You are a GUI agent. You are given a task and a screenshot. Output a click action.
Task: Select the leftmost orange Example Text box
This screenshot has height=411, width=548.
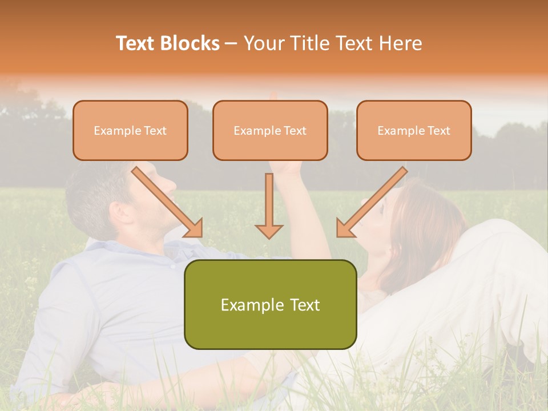click(x=130, y=130)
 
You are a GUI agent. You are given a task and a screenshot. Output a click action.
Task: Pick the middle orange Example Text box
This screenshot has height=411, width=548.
click(x=270, y=130)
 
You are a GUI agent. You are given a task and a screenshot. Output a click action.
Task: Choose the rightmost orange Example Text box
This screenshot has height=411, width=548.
click(x=414, y=130)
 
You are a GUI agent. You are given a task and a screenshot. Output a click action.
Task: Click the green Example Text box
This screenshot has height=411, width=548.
click(x=270, y=304)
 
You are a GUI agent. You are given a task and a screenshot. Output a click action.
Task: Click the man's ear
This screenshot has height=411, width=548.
click(x=119, y=213)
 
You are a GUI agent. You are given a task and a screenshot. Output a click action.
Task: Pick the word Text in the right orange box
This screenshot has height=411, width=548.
click(x=439, y=130)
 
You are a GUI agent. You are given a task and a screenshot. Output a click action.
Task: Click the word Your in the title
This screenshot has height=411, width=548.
click(x=263, y=43)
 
